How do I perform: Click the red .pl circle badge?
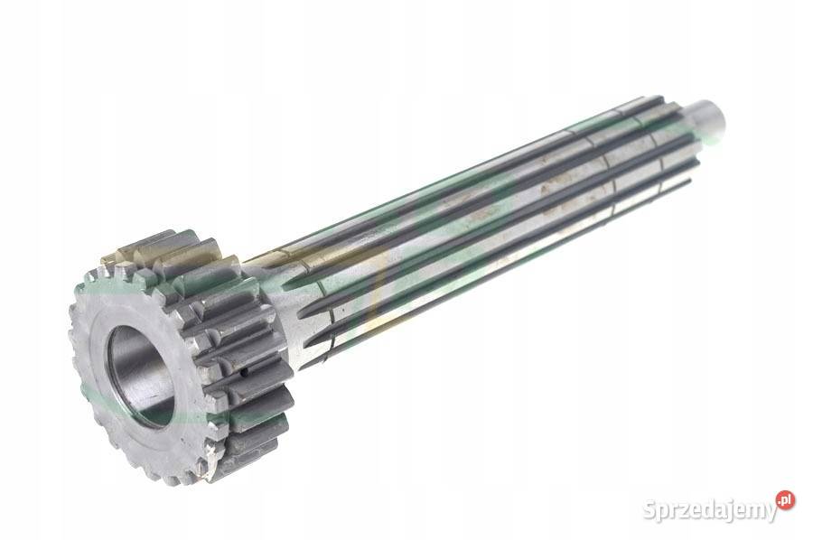(785, 500)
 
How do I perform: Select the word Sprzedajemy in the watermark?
(709, 510)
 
